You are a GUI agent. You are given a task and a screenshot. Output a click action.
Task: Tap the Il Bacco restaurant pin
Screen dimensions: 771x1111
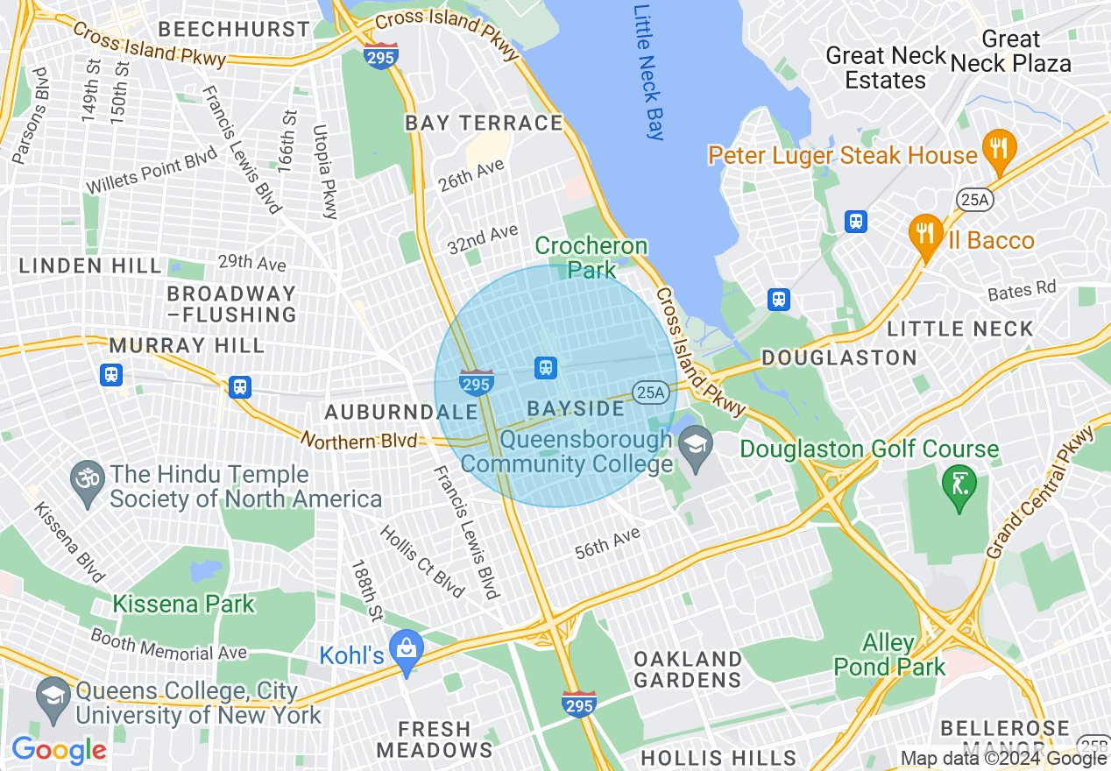925,233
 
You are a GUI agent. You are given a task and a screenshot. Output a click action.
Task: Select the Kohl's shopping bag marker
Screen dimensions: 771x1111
406,649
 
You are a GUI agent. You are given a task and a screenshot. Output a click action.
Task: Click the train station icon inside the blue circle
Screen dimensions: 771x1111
546,367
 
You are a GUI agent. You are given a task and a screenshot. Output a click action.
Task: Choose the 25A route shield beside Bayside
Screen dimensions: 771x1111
650,393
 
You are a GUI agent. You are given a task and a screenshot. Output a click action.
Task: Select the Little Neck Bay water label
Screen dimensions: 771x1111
649,72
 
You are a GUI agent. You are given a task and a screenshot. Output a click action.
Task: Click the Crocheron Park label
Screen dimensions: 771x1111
591,258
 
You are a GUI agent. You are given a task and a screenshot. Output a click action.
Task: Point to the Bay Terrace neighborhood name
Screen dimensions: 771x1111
484,124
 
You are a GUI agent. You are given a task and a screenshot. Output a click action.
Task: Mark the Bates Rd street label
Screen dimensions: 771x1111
1022,290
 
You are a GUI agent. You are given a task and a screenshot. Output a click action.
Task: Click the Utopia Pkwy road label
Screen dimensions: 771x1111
325,172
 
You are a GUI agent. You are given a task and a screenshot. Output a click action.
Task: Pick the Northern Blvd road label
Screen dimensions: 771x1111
360,440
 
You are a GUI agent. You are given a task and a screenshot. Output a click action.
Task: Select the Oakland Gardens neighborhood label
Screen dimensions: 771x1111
688,668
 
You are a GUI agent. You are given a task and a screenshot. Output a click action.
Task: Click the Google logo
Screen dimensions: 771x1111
59,749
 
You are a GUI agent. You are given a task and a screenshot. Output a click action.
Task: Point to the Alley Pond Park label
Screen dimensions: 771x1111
889,654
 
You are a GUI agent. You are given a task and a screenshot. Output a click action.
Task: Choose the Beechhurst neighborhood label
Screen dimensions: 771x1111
234,30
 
